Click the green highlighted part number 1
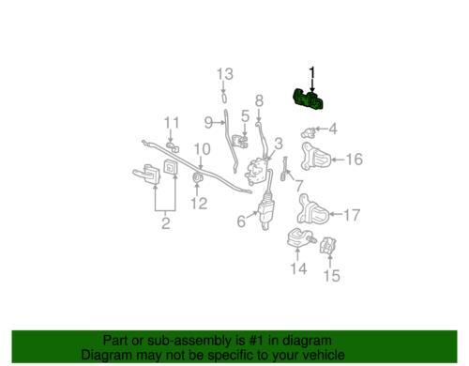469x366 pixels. coord(308,99)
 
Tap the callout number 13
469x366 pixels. coord(225,74)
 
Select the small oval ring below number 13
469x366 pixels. coord(224,98)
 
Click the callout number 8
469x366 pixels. coord(259,100)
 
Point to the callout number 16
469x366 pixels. coord(355,159)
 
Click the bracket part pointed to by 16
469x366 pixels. coord(315,157)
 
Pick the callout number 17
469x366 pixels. coord(352,215)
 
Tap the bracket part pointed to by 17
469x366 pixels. coord(312,209)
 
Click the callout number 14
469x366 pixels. coord(298,268)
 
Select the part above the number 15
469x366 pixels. coord(327,245)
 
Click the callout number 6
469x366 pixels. coord(241,221)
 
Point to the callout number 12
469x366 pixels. coord(199,204)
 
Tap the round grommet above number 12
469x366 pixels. coord(197,178)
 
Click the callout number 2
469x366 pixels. coord(166,223)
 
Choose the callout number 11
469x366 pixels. coord(172,122)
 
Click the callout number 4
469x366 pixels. coord(333,129)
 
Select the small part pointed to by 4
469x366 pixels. coord(309,132)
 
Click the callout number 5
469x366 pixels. coord(245,115)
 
